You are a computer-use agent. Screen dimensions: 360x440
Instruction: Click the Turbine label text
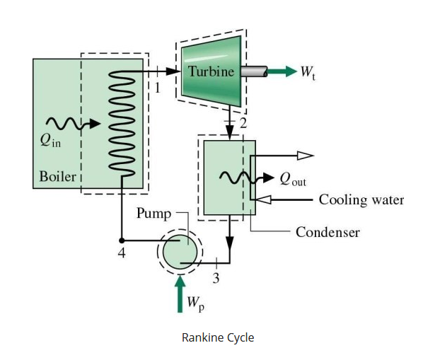[211, 71]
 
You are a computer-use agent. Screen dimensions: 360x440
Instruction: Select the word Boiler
[57, 176]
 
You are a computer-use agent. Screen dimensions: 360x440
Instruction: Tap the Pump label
[154, 212]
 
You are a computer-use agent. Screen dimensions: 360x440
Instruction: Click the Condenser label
[328, 232]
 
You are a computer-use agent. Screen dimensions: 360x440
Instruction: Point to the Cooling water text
[361, 200]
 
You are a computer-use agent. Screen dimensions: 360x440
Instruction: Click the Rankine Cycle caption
[218, 337]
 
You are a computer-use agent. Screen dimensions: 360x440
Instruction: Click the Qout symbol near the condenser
[293, 180]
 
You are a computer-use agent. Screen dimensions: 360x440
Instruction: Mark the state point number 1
[158, 88]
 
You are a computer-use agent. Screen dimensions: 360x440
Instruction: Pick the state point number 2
[243, 124]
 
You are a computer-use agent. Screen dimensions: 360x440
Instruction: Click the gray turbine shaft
[253, 71]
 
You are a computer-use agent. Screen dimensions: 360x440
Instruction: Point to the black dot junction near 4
[121, 240]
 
